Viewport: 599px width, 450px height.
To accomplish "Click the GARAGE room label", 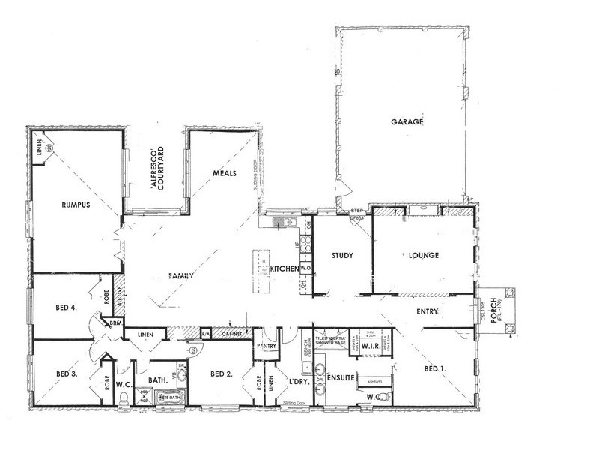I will (407, 121).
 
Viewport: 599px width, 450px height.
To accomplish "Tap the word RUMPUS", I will (76, 208).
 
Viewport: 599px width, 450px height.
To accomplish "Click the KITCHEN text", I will (285, 268).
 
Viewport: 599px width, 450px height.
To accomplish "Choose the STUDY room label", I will (342, 255).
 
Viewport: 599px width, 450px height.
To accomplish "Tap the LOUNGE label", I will (424, 255).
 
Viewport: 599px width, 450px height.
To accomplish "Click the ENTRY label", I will (424, 311).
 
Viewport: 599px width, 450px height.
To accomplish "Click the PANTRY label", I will (267, 346).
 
